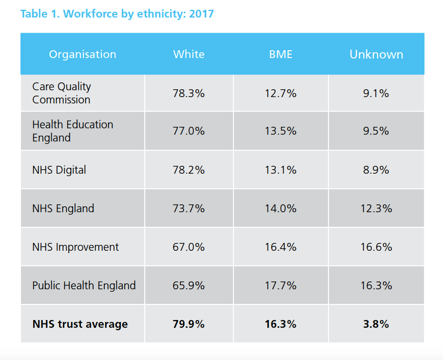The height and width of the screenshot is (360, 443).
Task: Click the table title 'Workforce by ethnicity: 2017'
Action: click(x=117, y=14)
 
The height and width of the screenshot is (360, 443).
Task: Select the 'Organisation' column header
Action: click(x=82, y=54)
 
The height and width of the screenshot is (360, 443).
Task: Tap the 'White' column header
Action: click(x=189, y=54)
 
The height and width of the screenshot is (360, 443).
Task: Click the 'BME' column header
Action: click(x=281, y=54)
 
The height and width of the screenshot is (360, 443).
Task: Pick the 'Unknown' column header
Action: click(x=376, y=54)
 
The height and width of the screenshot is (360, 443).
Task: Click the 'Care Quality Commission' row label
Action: click(x=61, y=93)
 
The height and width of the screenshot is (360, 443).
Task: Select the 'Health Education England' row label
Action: click(x=73, y=131)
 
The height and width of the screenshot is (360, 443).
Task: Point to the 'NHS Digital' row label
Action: click(x=59, y=170)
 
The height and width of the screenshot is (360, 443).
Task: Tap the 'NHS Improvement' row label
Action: click(x=76, y=247)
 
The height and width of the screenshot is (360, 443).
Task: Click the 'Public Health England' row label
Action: click(x=84, y=285)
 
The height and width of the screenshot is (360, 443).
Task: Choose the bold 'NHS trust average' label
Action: click(x=80, y=324)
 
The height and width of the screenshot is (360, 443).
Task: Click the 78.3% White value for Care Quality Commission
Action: click(x=189, y=93)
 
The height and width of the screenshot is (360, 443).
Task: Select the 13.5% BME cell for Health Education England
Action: click(x=281, y=131)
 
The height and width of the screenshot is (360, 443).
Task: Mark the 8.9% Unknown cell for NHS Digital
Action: click(x=376, y=170)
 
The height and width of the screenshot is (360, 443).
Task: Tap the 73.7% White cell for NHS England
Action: click(x=189, y=208)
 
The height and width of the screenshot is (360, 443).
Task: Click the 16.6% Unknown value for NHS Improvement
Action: click(x=376, y=247)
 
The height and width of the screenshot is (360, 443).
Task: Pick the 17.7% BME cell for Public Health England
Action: click(x=281, y=285)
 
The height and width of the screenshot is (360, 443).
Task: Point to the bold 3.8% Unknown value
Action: click(x=376, y=324)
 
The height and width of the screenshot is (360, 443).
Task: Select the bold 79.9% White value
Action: click(x=189, y=324)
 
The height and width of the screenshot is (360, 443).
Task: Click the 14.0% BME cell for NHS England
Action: click(x=281, y=208)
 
